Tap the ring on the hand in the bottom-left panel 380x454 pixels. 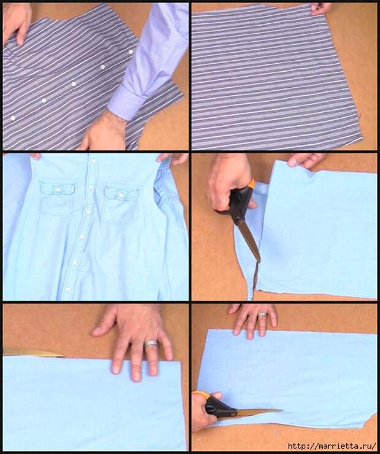pos(150,344)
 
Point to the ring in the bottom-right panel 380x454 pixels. pos(262,315)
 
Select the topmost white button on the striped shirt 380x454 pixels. pos(131,52)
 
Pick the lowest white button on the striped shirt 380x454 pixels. pos(13,118)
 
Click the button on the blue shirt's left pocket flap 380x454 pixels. pos(58,190)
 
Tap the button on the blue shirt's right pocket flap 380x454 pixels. pos(121,196)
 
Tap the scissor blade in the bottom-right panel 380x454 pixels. pos(257,412)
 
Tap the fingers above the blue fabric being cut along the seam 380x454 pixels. pos(305,161)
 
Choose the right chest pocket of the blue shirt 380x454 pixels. pos(121,205)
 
